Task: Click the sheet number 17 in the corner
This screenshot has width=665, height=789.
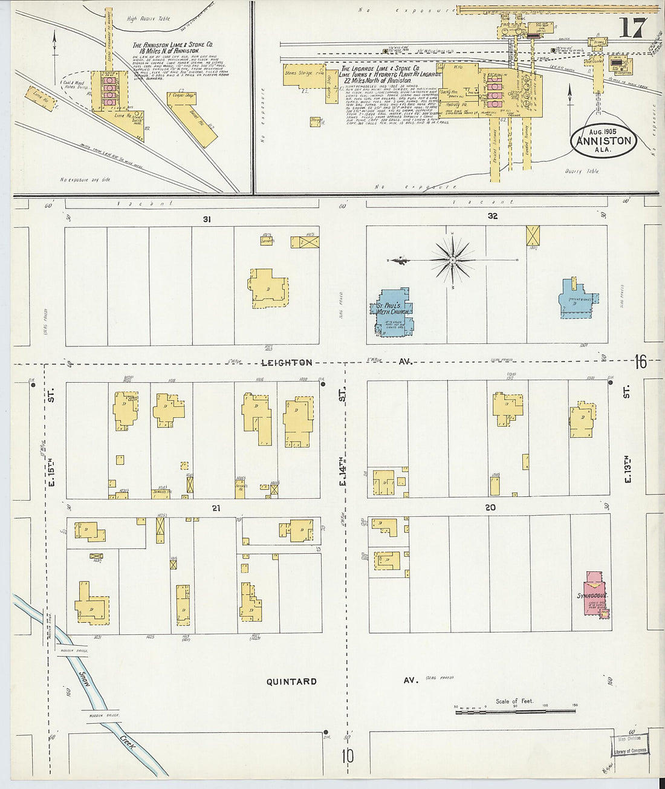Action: coord(632,28)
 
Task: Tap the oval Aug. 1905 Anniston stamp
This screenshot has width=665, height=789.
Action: coord(603,141)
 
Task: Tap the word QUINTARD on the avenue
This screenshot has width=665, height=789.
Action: coord(291,681)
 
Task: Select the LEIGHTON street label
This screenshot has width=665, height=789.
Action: coord(287,363)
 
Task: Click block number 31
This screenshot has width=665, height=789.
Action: coord(207,219)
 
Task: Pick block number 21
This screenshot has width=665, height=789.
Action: coord(216,508)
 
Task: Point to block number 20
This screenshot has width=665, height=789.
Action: coord(490,507)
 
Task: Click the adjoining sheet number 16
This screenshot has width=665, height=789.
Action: coord(640,362)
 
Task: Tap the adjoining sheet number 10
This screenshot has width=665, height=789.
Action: coord(347,756)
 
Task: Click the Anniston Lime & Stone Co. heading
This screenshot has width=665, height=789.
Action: coord(172,48)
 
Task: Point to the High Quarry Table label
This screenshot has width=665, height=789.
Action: coord(148,19)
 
